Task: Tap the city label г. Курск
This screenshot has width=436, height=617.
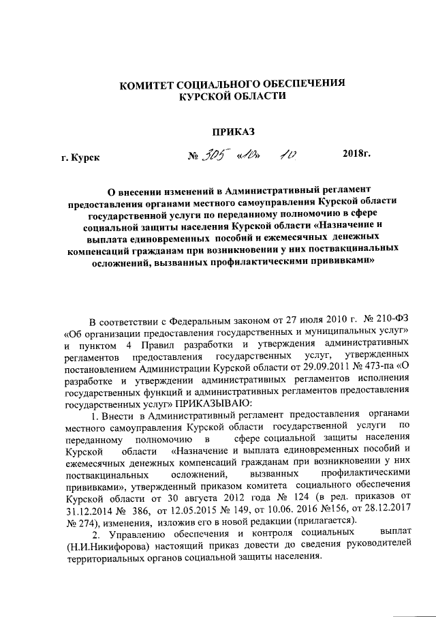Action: pyautogui.click(x=80, y=158)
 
